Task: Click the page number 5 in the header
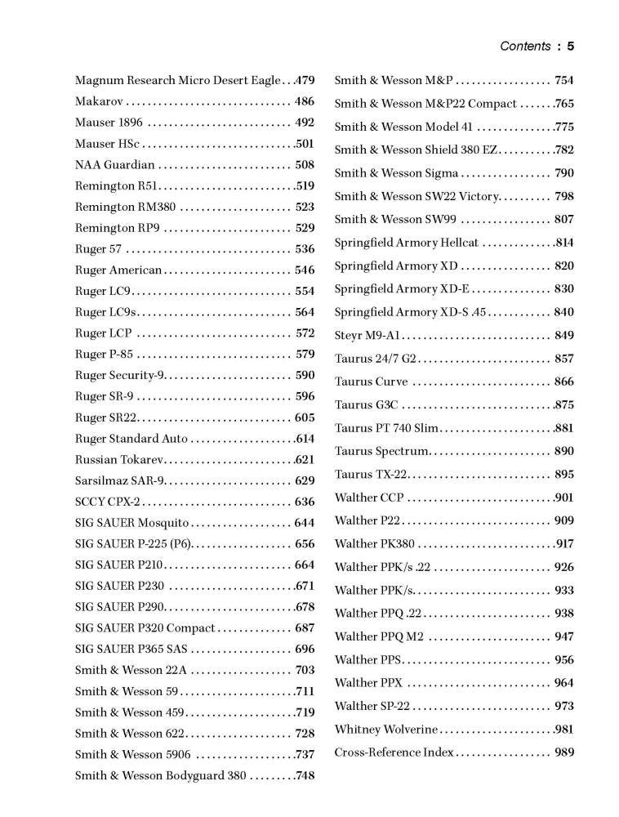pyautogui.click(x=571, y=47)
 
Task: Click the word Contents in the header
pyautogui.click(x=525, y=47)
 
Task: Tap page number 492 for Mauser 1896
pyautogui.click(x=305, y=123)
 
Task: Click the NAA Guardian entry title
pyautogui.click(x=114, y=165)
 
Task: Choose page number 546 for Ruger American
pyautogui.click(x=305, y=270)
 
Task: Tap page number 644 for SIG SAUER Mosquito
pyautogui.click(x=305, y=523)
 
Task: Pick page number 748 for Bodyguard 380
pyautogui.click(x=305, y=775)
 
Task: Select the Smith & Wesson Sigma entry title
pyautogui.click(x=396, y=173)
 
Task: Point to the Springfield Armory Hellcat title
pyautogui.click(x=407, y=243)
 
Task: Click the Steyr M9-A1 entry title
pyautogui.click(x=367, y=335)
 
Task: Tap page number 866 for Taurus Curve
pyautogui.click(x=564, y=382)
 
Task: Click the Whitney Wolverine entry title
pyautogui.click(x=386, y=730)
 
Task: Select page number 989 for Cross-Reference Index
pyautogui.click(x=564, y=752)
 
